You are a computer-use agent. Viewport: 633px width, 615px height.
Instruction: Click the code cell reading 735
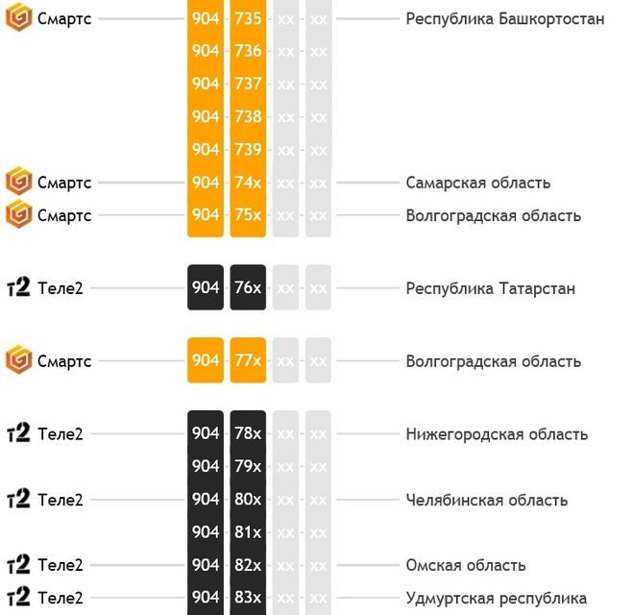(x=248, y=18)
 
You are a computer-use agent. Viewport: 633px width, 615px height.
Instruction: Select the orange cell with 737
(x=248, y=84)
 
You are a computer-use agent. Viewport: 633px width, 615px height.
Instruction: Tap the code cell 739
(x=248, y=149)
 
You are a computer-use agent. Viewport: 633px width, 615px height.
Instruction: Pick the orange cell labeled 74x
(x=248, y=183)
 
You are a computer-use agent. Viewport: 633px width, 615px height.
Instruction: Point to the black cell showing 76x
(x=248, y=287)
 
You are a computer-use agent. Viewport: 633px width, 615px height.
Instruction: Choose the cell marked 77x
(x=248, y=360)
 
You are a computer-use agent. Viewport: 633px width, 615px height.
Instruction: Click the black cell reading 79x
(x=248, y=466)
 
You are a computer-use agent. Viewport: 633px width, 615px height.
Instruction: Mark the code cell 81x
(x=248, y=531)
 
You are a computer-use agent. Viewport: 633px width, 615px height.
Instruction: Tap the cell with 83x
(x=248, y=597)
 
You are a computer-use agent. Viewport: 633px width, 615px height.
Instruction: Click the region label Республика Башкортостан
(x=505, y=18)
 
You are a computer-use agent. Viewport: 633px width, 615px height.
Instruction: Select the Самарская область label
(x=478, y=183)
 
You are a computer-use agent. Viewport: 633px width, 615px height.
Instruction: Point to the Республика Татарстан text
(x=491, y=288)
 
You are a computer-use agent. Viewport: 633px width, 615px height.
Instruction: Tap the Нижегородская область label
(x=497, y=434)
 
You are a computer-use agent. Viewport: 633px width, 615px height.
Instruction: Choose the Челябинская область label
(x=487, y=500)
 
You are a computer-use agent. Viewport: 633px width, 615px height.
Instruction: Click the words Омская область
(x=466, y=565)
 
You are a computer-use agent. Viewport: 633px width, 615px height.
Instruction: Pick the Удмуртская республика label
(x=497, y=598)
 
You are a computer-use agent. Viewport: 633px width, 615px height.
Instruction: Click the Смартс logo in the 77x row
(x=18, y=360)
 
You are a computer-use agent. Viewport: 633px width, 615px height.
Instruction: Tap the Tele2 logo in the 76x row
(x=18, y=287)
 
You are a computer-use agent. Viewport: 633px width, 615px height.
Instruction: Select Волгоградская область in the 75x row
(x=494, y=215)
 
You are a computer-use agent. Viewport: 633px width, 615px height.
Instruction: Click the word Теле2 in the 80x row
(x=61, y=500)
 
